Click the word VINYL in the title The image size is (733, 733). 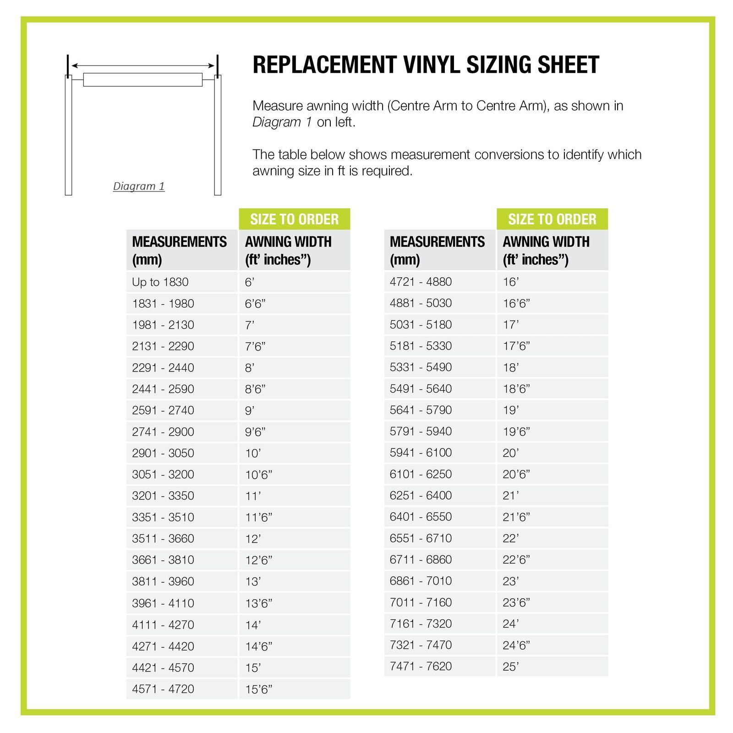point(432,65)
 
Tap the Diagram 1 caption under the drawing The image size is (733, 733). point(139,186)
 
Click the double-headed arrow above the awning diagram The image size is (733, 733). point(143,66)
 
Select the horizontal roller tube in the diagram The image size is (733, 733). point(143,80)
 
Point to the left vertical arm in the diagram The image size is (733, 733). point(69,135)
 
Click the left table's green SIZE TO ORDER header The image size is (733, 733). point(294,219)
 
